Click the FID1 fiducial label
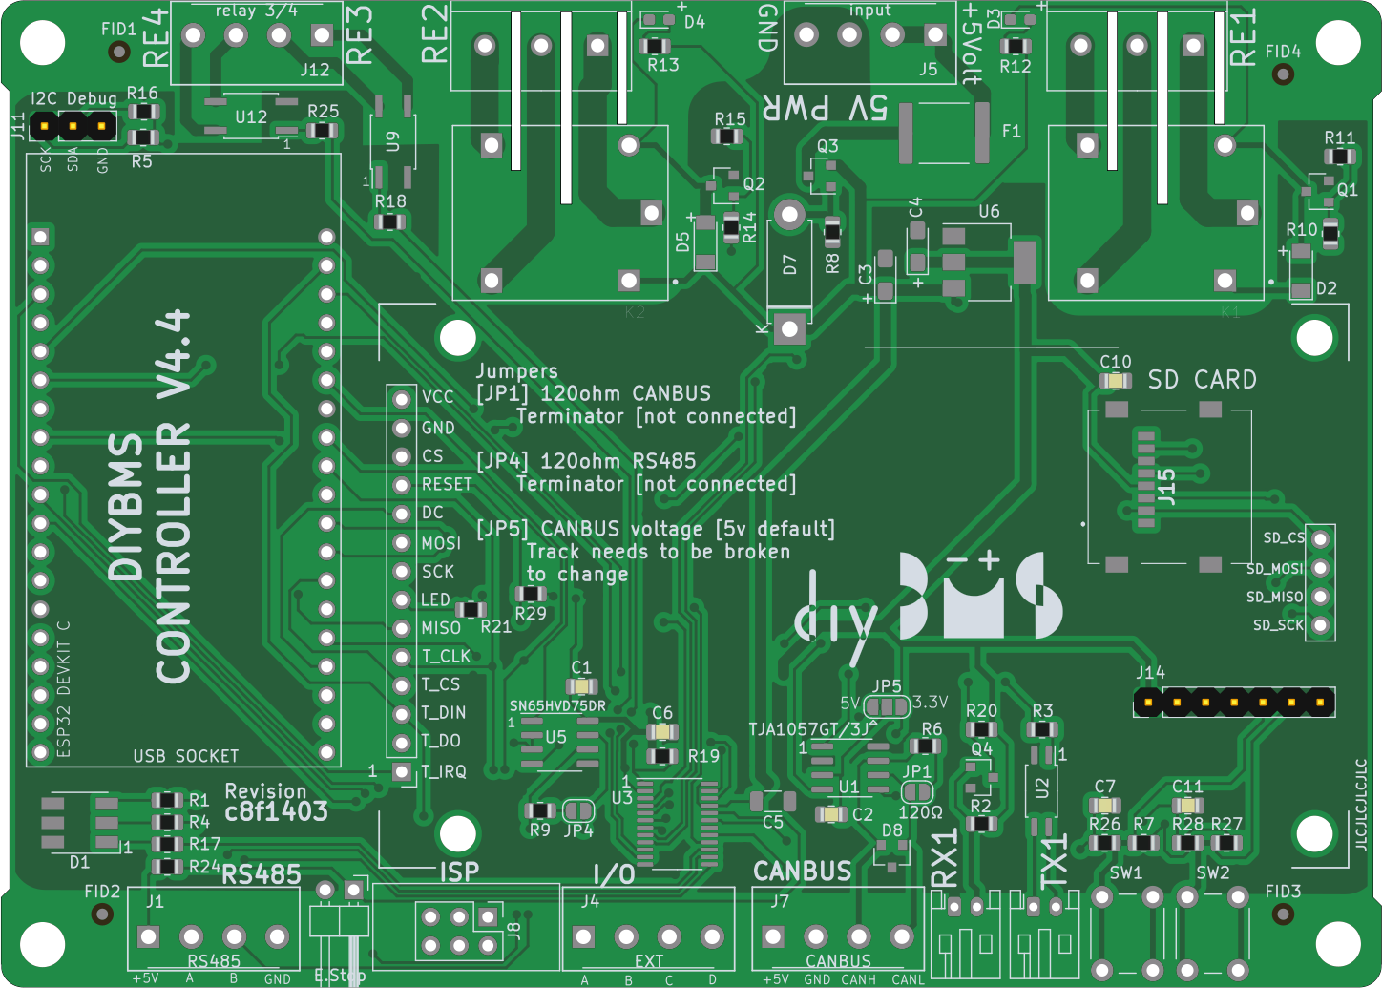tap(119, 30)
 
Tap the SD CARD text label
tap(1202, 380)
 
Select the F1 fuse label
tap(1012, 131)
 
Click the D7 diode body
tap(789, 264)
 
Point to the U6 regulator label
tap(989, 211)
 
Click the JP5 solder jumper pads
tap(888, 707)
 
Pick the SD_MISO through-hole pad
tap(1320, 597)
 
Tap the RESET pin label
tap(447, 484)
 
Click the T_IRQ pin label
tap(444, 771)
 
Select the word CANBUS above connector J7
tap(802, 872)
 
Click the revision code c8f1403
tap(276, 812)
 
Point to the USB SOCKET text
tap(186, 756)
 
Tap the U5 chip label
tap(555, 737)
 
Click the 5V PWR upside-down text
tap(825, 108)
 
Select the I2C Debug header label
tap(73, 98)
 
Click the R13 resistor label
tap(663, 65)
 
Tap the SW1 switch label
tap(1125, 872)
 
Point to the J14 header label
tap(1150, 673)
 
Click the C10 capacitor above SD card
tap(1115, 381)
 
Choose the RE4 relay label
tap(156, 38)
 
